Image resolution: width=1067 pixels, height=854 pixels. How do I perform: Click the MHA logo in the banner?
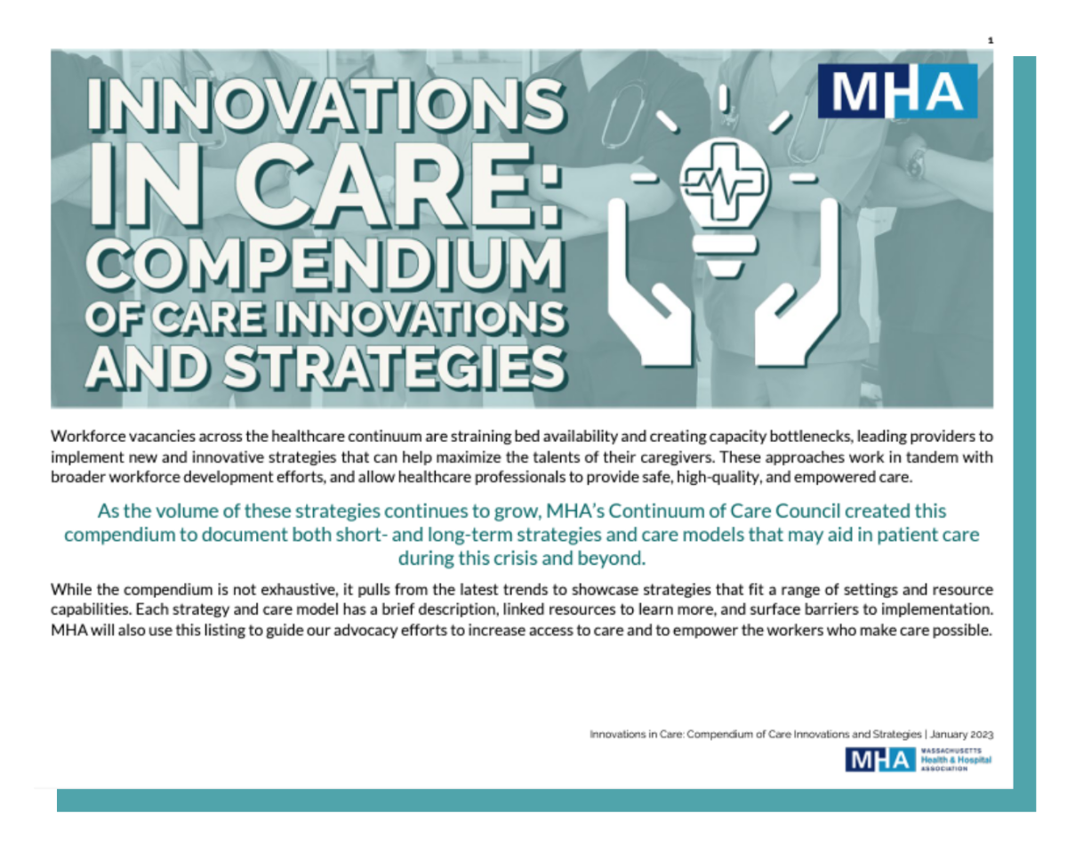pyautogui.click(x=897, y=92)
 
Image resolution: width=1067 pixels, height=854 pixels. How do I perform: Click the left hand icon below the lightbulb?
pyautogui.click(x=648, y=283)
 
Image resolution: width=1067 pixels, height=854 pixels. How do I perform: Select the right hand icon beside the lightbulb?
pyautogui.click(x=797, y=283)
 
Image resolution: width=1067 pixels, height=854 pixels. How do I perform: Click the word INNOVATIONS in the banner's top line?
pyautogui.click(x=326, y=106)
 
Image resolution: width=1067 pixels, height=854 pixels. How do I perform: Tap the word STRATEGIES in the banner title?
pyautogui.click(x=394, y=367)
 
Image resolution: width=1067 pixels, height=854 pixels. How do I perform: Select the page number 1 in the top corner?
pyautogui.click(x=991, y=41)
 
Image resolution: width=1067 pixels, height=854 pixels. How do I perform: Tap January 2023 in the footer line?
pyautogui.click(x=962, y=734)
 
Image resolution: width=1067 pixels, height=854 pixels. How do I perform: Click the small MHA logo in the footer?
pyautogui.click(x=880, y=760)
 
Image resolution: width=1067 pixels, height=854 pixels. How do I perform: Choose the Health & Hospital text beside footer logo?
pyautogui.click(x=956, y=760)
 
